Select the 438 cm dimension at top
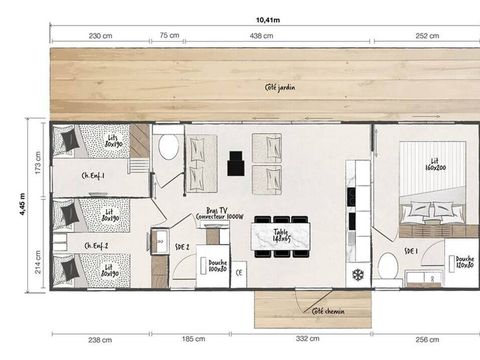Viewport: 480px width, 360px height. pos(262,36)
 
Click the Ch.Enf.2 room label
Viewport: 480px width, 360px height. pos(96,244)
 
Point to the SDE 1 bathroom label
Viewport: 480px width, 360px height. pos(411,250)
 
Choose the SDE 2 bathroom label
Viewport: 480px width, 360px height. pos(182,245)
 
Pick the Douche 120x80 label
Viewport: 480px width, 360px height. pos(464,261)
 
